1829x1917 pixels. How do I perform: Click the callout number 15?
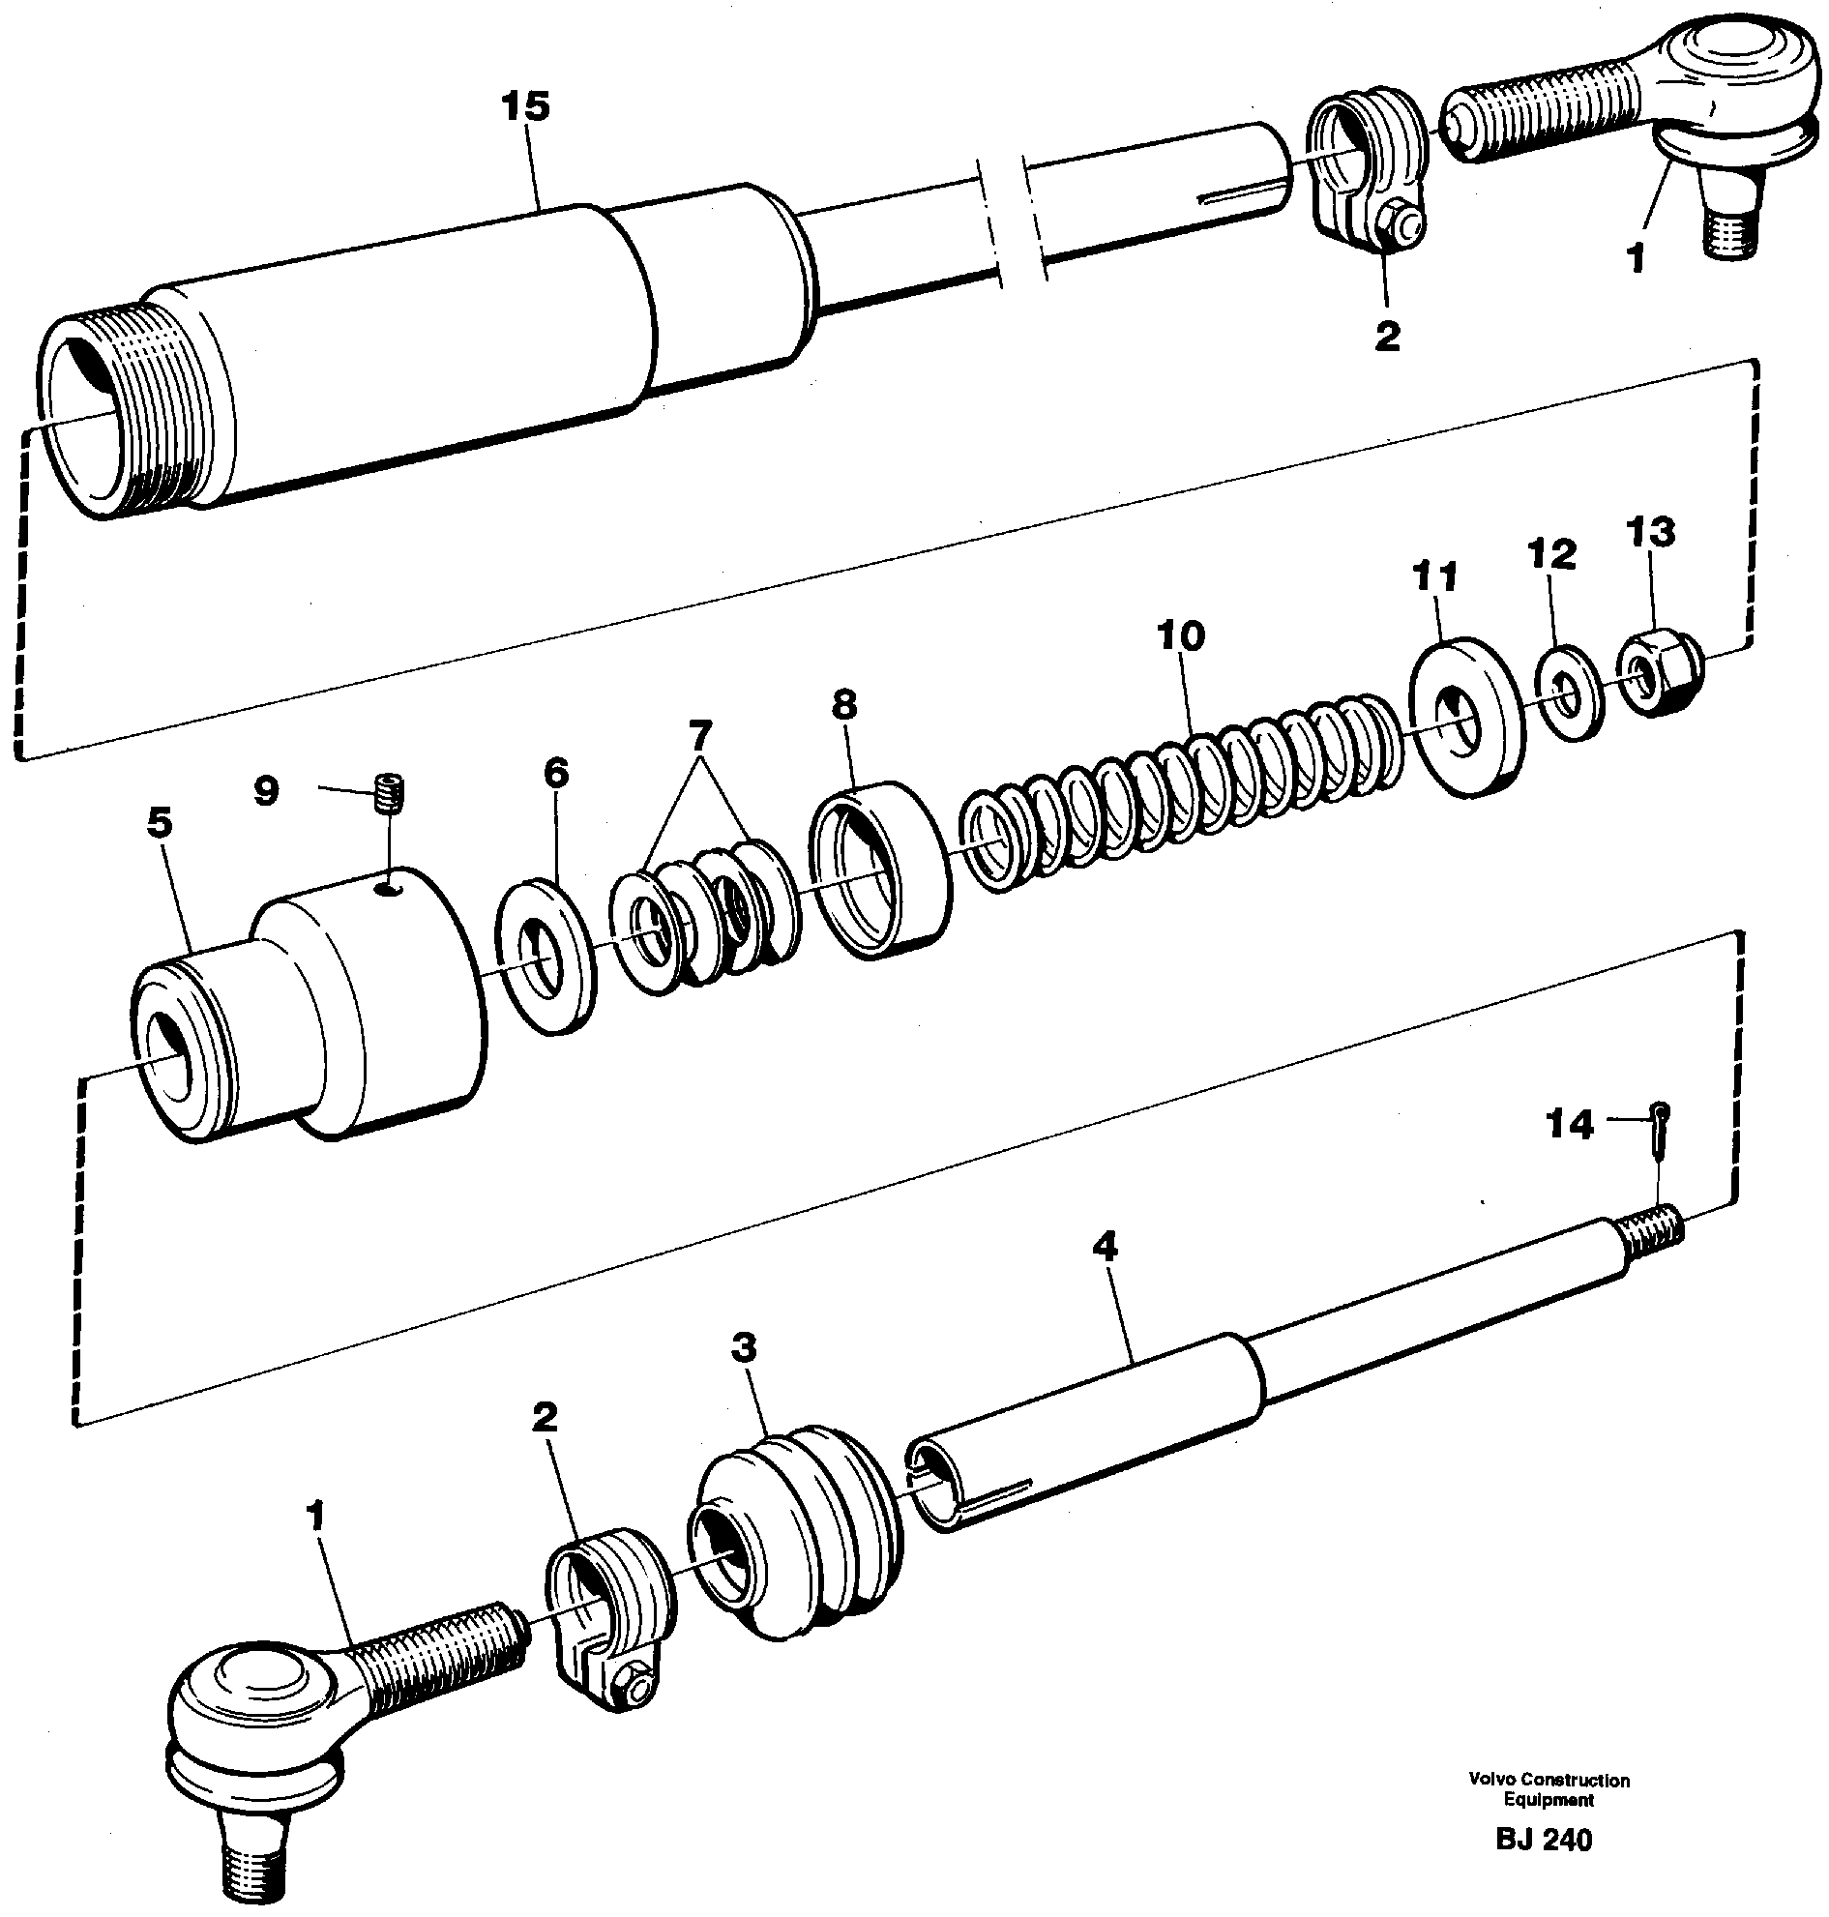coord(525,106)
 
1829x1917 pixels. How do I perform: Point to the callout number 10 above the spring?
coord(1181,635)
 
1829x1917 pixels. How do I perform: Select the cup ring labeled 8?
coord(878,870)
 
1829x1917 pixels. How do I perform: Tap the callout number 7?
coord(700,733)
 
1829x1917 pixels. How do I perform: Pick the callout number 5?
coord(160,823)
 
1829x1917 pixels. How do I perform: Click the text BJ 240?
coord(1544,1840)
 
